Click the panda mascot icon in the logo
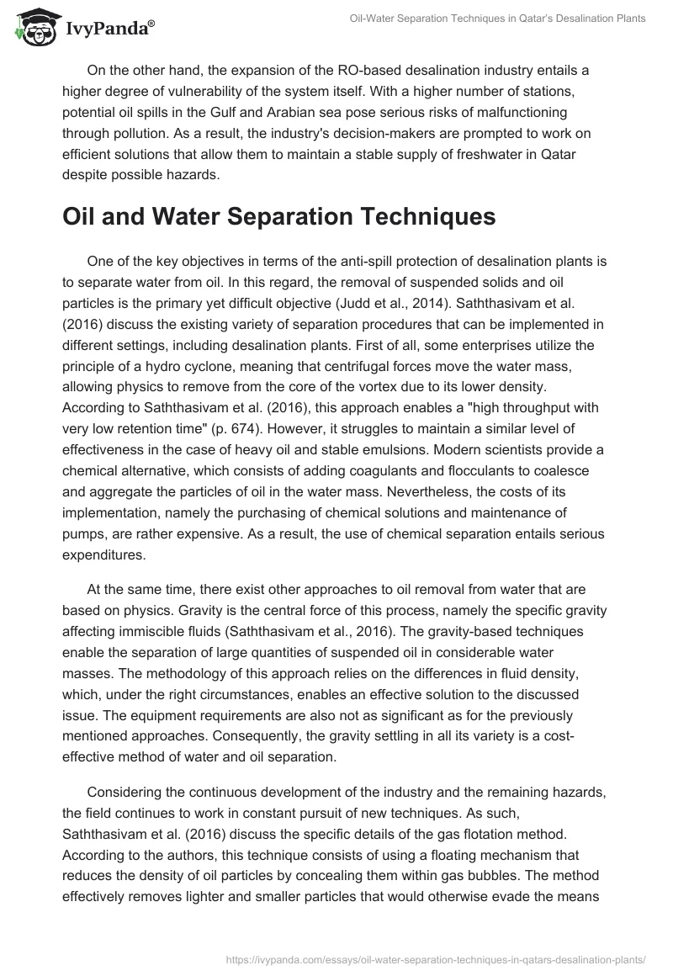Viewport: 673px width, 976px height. (30, 29)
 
